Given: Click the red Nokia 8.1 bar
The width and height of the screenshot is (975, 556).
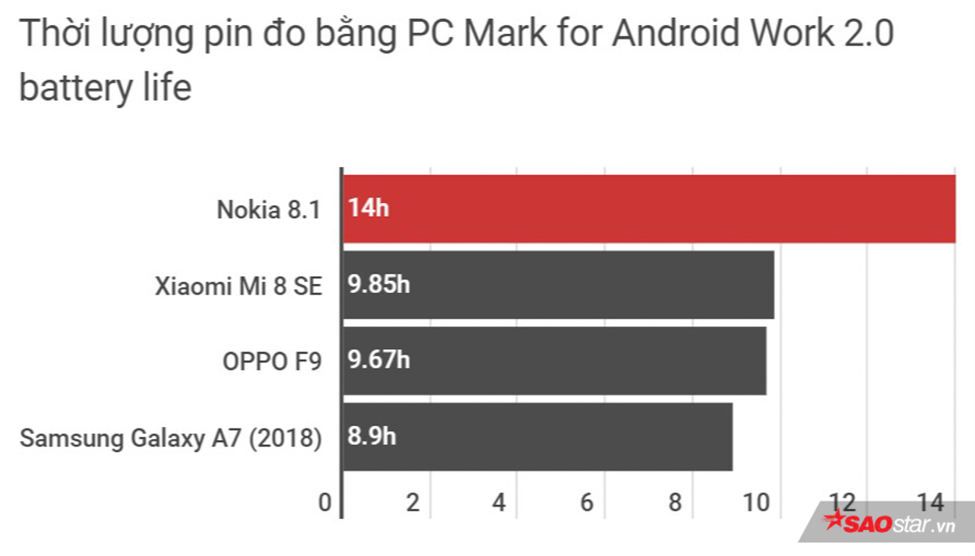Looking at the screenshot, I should click(x=650, y=209).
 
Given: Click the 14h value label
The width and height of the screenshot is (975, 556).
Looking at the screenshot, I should click(x=370, y=209).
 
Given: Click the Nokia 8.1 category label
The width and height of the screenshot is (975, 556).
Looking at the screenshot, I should click(x=269, y=209).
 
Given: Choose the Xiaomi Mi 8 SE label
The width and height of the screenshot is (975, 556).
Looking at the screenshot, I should click(x=239, y=286).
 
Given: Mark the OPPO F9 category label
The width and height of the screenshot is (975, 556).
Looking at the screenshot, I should click(x=272, y=361).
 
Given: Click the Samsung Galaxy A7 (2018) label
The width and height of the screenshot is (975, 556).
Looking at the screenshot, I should click(x=171, y=437).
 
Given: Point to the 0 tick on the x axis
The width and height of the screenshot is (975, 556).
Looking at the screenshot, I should click(x=325, y=503).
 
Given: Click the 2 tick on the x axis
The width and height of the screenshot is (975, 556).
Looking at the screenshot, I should click(x=413, y=503).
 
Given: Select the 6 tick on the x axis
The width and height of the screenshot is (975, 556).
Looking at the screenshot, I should click(x=587, y=503).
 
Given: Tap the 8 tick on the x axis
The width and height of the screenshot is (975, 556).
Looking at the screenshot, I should click(x=674, y=503).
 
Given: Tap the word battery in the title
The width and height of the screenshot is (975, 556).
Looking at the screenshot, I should click(x=73, y=88).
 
